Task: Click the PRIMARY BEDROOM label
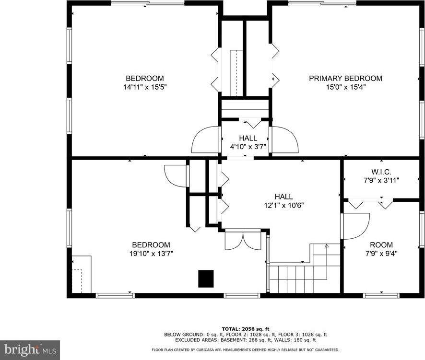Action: (x=345, y=79)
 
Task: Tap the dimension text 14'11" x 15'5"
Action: (x=145, y=87)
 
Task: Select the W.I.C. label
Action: (x=381, y=172)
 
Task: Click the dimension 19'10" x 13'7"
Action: (x=151, y=253)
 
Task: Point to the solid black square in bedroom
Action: (x=206, y=279)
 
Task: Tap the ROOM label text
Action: (x=381, y=244)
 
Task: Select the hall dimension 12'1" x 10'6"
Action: (x=283, y=205)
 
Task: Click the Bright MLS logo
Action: (x=30, y=350)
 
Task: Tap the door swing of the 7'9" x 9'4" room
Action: (x=355, y=225)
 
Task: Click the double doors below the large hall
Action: (x=243, y=240)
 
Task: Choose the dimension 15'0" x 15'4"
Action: (x=345, y=87)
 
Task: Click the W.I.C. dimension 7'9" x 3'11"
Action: (x=381, y=180)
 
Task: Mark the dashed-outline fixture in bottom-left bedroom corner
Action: (x=81, y=274)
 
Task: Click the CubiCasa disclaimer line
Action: (x=245, y=350)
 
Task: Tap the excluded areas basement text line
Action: (x=245, y=339)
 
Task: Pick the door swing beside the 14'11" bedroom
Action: (x=205, y=140)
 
